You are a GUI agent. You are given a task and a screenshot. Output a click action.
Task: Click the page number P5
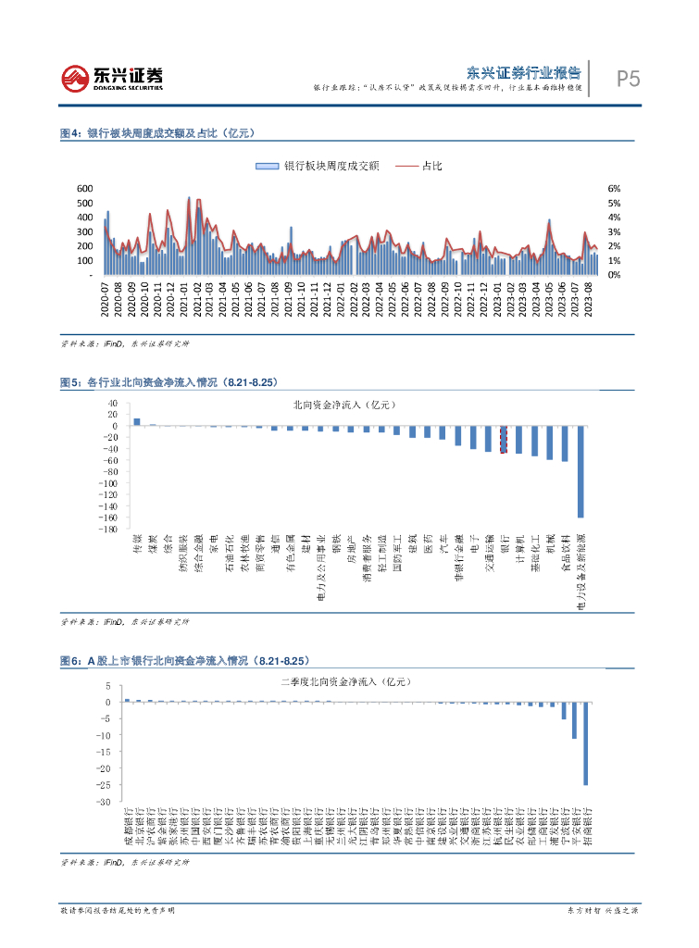[629, 80]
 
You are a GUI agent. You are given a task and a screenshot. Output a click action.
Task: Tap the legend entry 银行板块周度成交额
[317, 166]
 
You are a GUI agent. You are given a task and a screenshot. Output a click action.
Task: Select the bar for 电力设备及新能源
[580, 471]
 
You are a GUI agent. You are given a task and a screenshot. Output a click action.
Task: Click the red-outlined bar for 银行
[504, 440]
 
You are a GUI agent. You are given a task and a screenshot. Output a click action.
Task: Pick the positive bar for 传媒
[137, 422]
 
